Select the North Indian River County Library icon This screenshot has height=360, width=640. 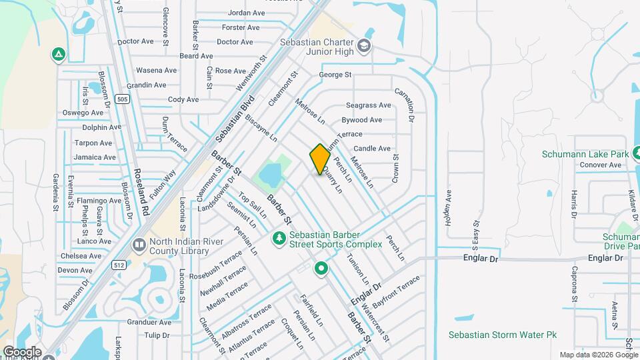pos(139,245)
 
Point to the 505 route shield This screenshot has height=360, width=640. pos(121,99)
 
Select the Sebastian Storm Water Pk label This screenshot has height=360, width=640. pos(502,335)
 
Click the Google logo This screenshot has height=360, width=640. pos(21,352)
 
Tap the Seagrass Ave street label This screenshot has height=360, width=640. pos(367,105)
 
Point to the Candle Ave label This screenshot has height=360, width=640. pos(371,149)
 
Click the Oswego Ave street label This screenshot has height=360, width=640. pos(83,113)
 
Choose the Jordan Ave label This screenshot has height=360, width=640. pos(246,13)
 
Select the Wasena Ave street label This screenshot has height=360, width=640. pos(156,70)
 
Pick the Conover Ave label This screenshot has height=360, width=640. pos(600,165)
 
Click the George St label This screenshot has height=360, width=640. pos(335,75)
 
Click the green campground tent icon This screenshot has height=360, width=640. pos(59,55)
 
